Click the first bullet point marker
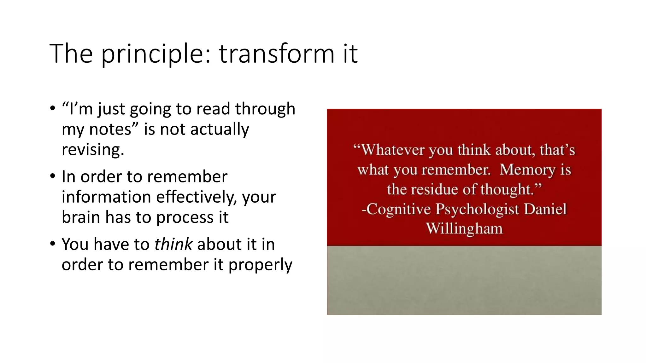[x=52, y=108]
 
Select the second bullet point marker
[x=52, y=176]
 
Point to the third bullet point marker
[x=52, y=244]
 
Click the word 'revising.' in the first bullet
[x=93, y=149]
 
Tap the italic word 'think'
[x=173, y=244]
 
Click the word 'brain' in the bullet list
[x=81, y=217]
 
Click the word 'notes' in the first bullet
[x=110, y=129]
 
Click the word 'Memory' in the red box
[x=527, y=170]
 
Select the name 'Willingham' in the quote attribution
[x=464, y=228]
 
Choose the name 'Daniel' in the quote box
[x=545, y=209]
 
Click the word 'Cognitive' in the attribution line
[x=399, y=209]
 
